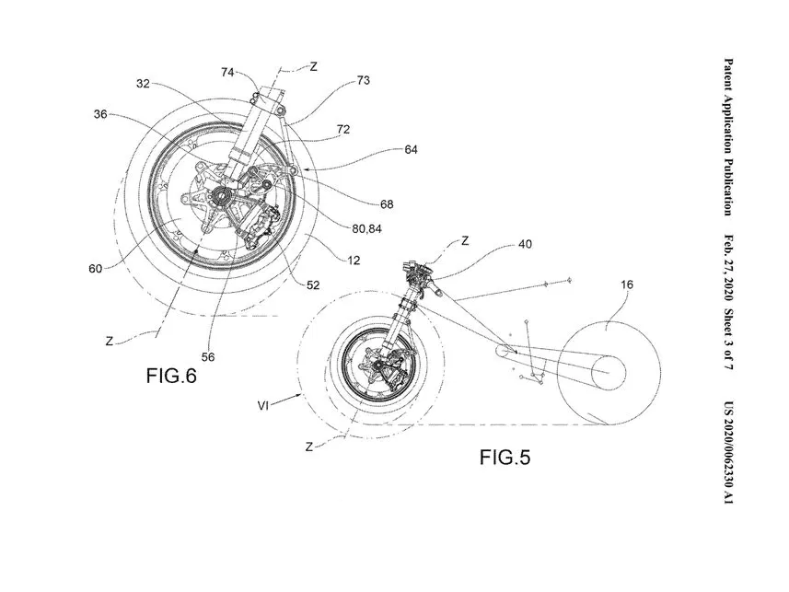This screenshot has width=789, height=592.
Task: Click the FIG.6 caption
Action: click(171, 375)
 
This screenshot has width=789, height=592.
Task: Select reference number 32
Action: click(142, 83)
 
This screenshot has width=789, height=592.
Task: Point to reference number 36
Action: click(100, 115)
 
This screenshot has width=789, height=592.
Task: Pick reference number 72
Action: click(342, 130)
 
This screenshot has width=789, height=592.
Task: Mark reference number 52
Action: click(313, 284)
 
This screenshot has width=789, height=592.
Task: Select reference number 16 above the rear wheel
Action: click(626, 284)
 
